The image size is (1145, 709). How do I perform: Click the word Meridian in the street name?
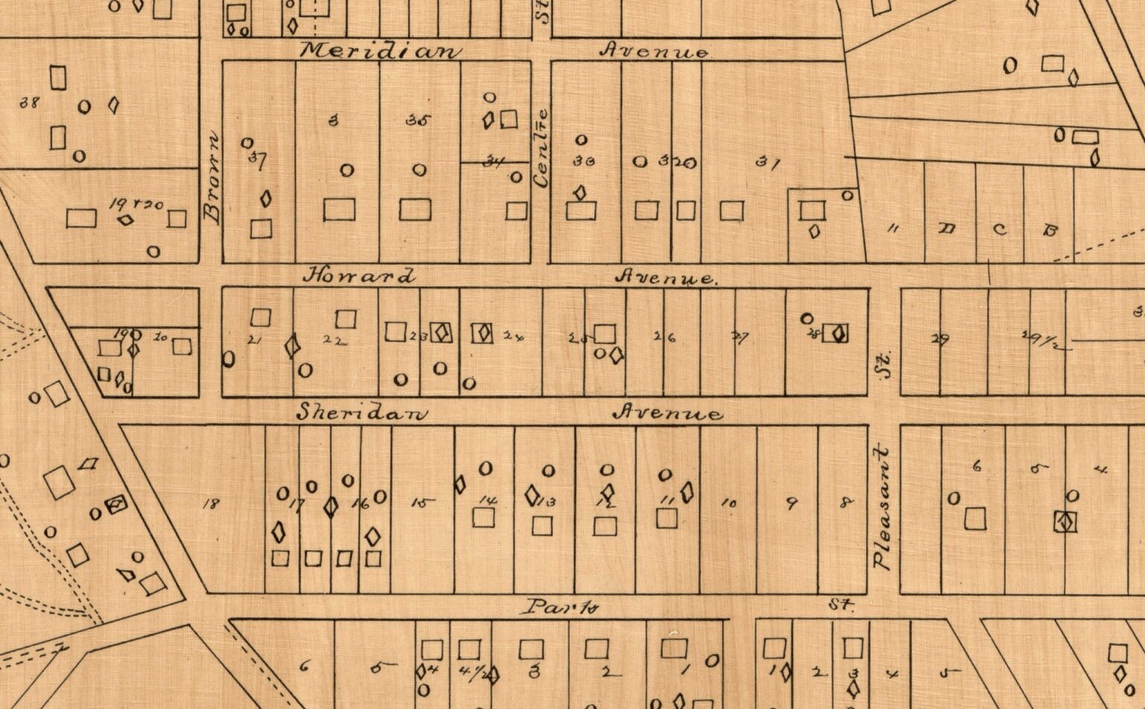coord(380,51)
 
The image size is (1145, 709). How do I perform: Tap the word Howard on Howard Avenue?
coord(358,276)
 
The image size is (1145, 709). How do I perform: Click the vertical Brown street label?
coord(212,178)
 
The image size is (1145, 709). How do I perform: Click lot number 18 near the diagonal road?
coord(211,504)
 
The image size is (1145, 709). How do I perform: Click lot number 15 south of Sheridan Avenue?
coord(422,503)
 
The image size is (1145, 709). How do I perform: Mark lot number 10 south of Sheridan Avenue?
coord(729,504)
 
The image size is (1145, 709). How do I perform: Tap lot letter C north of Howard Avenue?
coord(1000,229)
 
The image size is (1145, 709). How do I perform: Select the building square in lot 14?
coord(485,517)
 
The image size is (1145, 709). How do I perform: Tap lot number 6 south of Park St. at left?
coord(303,666)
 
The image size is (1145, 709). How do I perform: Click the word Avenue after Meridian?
coord(654,52)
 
